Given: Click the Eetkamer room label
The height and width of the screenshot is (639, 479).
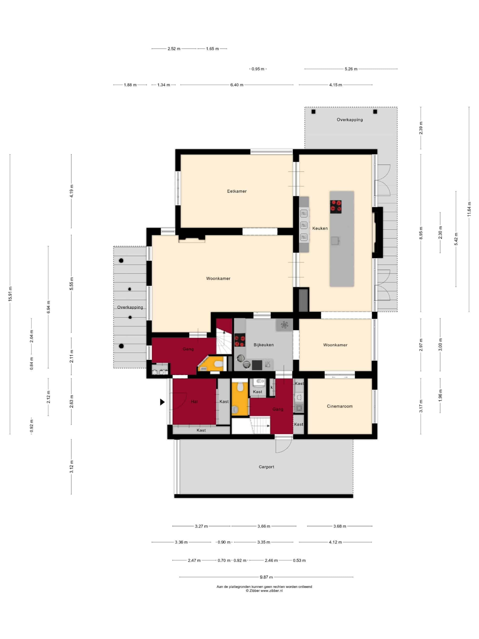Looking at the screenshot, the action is coord(237,191).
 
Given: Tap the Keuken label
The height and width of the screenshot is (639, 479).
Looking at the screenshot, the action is coord(320,228).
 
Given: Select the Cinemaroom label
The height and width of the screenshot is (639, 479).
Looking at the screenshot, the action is coord(340,406).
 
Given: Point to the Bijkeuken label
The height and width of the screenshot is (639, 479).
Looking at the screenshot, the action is coord(263,345).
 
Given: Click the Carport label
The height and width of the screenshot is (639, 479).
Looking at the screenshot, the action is coord(266,467).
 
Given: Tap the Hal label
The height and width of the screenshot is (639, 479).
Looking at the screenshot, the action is coord(194,402).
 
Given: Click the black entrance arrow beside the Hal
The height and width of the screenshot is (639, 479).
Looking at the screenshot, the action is coord(162,402).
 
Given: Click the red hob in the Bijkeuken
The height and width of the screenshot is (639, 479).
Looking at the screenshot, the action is coord(240,340).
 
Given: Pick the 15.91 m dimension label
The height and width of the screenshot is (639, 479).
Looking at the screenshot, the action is coord(10,294).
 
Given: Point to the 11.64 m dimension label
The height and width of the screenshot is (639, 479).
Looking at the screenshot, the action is coord(469,209).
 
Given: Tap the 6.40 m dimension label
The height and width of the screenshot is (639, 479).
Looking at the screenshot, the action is coord(237,85).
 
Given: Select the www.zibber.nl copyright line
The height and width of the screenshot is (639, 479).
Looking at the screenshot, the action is coord(264,591).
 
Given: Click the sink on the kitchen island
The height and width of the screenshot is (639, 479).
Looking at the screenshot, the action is coord(335,241).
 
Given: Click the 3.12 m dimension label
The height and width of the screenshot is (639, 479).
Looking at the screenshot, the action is coord(71,467).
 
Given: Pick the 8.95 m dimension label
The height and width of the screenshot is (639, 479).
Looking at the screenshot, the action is coord(421,233).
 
